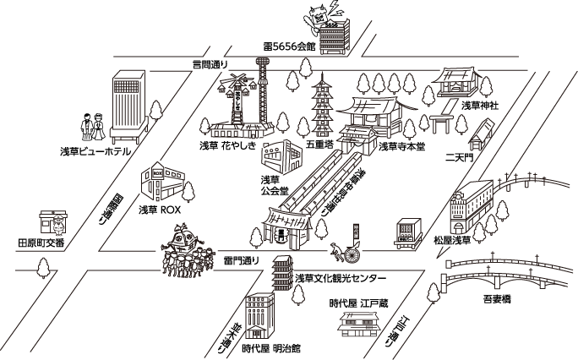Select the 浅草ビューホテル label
tap(95, 151)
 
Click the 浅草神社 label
tap(479, 106)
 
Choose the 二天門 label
tap(460, 158)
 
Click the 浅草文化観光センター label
tap(341, 278)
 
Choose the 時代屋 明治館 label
tap(270, 348)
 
